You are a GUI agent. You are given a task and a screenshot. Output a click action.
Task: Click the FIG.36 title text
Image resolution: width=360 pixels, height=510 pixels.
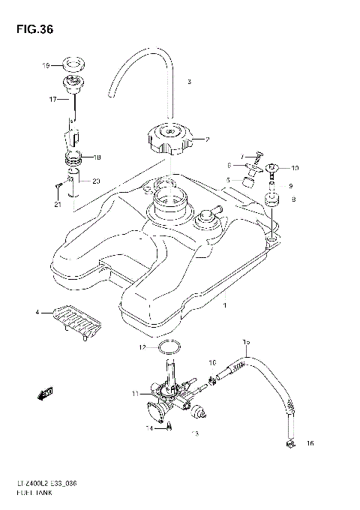pyautogui.click(x=31, y=29)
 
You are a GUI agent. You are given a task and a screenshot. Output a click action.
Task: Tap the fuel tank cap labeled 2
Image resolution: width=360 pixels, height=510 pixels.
pyautogui.click(x=169, y=140)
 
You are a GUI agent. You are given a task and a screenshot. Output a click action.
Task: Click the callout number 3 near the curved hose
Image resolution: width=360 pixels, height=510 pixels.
pyautogui.click(x=190, y=81)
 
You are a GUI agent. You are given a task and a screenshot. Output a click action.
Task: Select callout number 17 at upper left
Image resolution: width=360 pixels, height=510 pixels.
pyautogui.click(x=53, y=98)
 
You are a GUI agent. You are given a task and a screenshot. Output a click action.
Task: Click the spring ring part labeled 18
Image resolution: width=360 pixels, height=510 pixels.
pyautogui.click(x=75, y=158)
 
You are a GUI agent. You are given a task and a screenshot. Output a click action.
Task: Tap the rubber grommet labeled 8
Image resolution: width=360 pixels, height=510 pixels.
pyautogui.click(x=271, y=201)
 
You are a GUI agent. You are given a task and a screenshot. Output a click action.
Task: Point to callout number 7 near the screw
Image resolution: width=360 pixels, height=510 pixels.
pyautogui.click(x=242, y=156)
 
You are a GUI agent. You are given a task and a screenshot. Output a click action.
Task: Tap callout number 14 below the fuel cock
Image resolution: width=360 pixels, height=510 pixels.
pyautogui.click(x=149, y=427)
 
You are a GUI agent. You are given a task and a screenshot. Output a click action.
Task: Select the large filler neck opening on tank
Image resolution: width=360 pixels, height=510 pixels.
pyautogui.click(x=169, y=202)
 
